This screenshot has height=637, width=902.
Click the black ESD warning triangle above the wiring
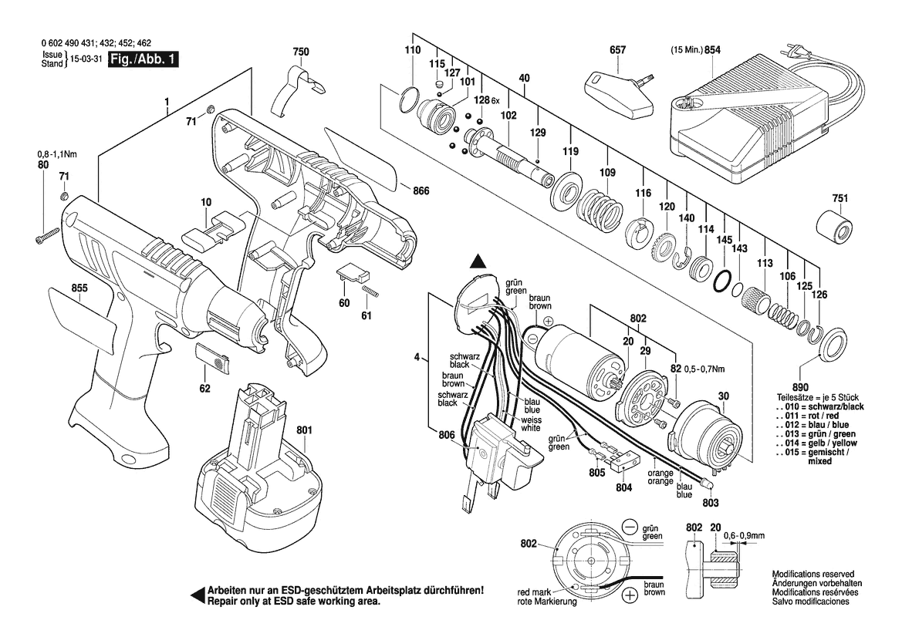point(478,263)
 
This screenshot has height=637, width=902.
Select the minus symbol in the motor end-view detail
point(630,528)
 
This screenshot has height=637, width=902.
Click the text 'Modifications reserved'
point(812,575)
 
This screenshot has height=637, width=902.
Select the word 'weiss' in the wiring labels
point(530,419)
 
